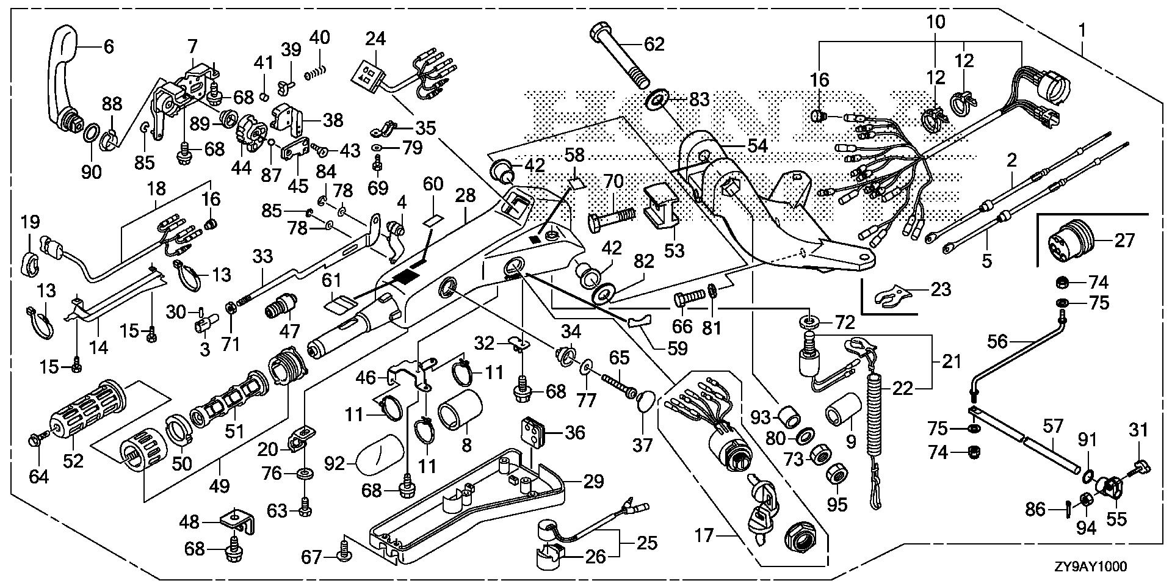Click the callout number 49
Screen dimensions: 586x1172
(219, 487)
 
